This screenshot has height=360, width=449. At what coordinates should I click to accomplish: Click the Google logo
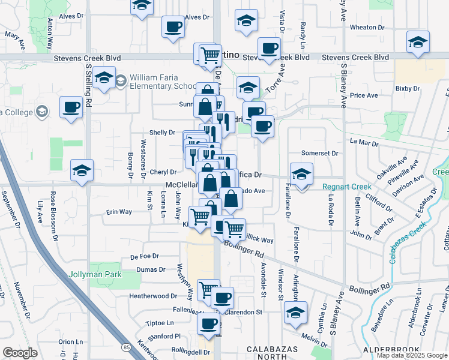[x=20, y=353]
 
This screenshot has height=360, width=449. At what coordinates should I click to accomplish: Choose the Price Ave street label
[x=364, y=95]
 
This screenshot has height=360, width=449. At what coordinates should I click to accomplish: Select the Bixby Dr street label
[x=408, y=89]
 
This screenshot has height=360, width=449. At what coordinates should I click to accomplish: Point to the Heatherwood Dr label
[x=153, y=296]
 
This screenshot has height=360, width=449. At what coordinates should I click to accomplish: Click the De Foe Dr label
[x=144, y=256]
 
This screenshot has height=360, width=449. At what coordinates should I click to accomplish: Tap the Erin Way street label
[x=119, y=212]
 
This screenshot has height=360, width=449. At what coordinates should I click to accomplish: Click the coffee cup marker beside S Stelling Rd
[x=71, y=107]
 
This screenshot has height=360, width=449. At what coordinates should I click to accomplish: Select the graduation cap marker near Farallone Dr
[x=301, y=174]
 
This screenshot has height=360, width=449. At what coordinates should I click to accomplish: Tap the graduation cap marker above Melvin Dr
[x=295, y=312]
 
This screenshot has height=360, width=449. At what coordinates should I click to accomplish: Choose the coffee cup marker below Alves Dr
[x=173, y=26]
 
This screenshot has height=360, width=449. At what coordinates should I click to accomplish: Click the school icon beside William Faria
[x=121, y=80]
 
